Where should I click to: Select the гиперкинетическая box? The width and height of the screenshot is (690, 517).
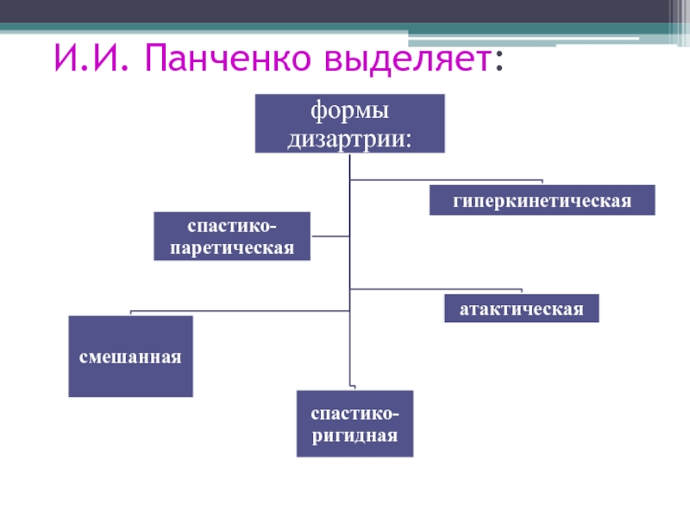543,200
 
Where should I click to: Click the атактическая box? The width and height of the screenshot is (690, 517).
521,308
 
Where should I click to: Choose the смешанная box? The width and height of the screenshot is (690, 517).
131,356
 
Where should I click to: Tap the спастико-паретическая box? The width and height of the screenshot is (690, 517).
232,236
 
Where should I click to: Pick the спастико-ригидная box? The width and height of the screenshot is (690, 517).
354,423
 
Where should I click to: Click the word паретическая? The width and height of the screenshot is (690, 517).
232,247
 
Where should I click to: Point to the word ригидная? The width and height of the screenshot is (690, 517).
354,435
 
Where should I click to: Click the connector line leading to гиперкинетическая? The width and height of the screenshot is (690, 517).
445,180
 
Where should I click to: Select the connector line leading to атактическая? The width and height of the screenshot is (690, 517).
436,288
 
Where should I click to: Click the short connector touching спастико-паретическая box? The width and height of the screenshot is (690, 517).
330,235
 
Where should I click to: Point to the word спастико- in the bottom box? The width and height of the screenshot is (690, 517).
354,412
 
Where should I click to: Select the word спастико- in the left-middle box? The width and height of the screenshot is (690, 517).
232,225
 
